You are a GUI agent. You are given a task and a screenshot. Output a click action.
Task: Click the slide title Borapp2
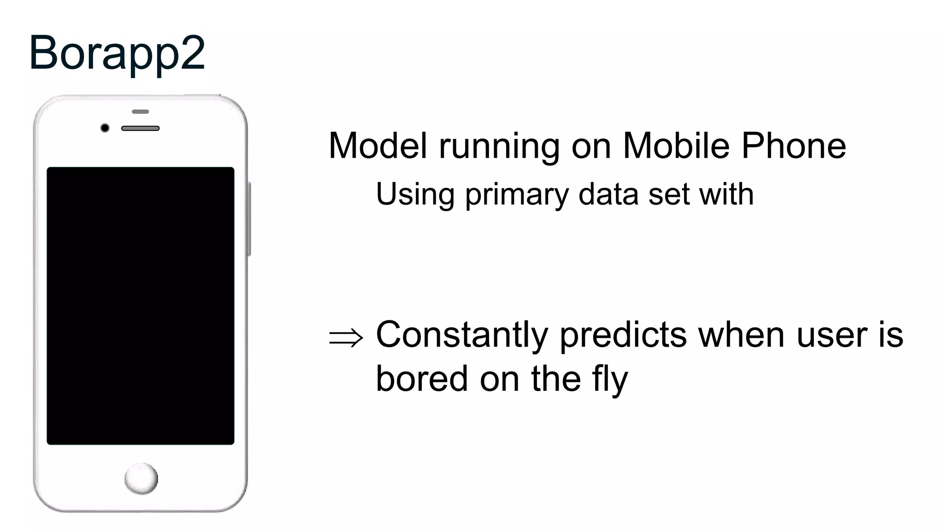117,53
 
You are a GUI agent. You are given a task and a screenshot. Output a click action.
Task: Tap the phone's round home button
141,479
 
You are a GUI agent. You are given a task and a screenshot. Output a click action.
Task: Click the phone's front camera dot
105,128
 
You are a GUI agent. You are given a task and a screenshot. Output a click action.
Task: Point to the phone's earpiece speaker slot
140,128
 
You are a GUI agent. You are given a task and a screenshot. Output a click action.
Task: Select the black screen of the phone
141,306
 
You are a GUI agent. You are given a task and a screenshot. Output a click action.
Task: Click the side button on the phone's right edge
249,219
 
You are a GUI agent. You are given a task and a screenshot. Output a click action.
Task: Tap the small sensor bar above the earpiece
140,112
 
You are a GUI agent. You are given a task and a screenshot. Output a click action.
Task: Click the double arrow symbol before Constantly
346,337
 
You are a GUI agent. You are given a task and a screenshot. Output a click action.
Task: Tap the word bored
422,379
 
